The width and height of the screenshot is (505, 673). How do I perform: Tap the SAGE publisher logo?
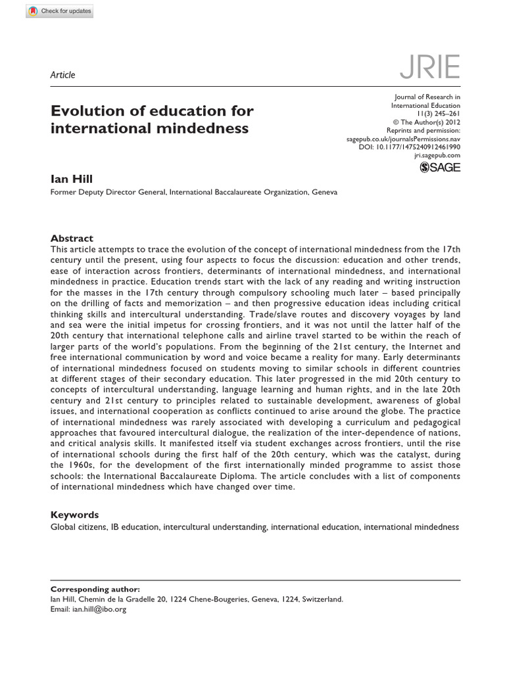point(440,168)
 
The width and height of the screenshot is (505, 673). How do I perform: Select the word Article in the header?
point(63,75)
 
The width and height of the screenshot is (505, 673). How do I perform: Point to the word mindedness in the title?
point(204,128)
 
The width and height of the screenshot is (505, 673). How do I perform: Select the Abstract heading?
point(72,239)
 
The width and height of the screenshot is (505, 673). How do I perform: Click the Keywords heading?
point(75,515)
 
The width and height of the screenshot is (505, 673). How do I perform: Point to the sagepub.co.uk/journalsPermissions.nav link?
point(403,139)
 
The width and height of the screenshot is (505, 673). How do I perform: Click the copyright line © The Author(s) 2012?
point(426,122)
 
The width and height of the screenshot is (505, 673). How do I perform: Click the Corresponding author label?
point(95,590)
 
